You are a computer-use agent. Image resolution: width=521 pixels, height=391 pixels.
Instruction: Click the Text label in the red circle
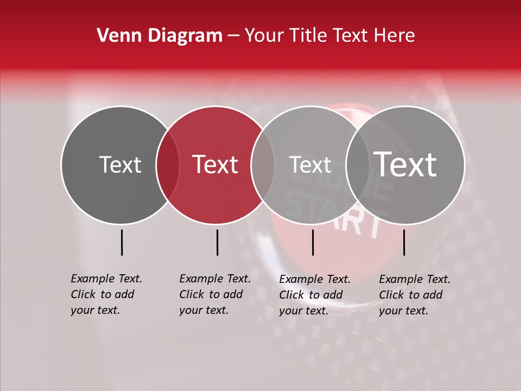click(x=215, y=165)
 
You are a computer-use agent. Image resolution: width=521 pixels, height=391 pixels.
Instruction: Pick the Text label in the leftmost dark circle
click(x=120, y=165)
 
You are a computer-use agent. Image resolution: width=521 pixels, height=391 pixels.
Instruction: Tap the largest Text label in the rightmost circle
click(x=405, y=164)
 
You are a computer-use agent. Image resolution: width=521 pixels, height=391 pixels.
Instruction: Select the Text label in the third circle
click(x=310, y=165)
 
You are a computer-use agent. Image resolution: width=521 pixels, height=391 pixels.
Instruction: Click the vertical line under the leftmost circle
click(x=122, y=242)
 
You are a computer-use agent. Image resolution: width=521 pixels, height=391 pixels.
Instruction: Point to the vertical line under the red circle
click(x=217, y=242)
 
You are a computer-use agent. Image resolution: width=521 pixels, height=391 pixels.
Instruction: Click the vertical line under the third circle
click(x=313, y=242)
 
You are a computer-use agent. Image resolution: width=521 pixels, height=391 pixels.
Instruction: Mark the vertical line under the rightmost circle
click(x=404, y=242)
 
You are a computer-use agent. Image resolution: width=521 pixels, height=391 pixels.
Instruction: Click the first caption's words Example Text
click(x=106, y=279)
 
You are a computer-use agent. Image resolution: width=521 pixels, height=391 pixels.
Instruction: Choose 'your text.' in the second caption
click(x=204, y=311)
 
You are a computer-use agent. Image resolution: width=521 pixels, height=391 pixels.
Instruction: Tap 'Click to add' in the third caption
click(x=311, y=295)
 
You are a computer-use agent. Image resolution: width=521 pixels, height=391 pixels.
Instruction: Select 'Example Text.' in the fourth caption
click(x=415, y=279)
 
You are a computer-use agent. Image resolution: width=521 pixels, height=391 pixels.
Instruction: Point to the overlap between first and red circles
click(x=168, y=165)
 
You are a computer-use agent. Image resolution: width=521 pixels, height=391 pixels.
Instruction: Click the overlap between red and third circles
click(x=263, y=165)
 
